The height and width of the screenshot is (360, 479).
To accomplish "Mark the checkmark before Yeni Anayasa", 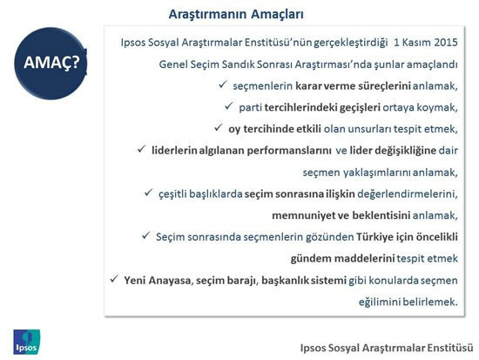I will click(114, 279).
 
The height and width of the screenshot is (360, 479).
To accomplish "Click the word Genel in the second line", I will click(174, 65).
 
